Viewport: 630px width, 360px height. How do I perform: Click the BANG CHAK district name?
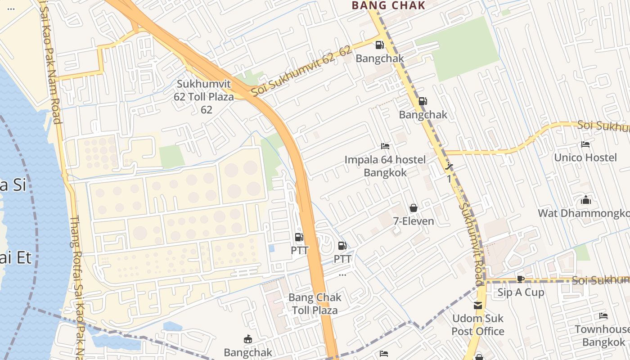[x=388, y=5]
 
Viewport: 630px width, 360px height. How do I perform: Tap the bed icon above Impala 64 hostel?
[x=385, y=146]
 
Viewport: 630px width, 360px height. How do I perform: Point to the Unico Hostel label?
[x=585, y=157]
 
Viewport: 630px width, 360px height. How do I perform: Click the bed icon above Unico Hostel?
[x=585, y=144]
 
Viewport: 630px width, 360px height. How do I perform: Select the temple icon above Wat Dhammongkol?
[x=586, y=199]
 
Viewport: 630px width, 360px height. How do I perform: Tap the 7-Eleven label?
[x=414, y=221]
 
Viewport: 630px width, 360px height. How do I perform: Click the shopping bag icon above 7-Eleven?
[x=414, y=208]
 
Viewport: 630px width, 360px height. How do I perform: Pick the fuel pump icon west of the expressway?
[x=299, y=237]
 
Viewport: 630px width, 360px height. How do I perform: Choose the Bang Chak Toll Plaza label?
[x=315, y=304]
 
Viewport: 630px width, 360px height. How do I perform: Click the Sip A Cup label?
[x=521, y=292]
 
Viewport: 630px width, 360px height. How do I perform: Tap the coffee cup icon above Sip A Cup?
[x=521, y=279]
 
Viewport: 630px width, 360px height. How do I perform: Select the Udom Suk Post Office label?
[x=478, y=325]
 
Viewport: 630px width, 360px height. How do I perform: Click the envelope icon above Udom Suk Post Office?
[x=478, y=306]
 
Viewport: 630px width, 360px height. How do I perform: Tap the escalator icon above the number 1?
[x=449, y=166]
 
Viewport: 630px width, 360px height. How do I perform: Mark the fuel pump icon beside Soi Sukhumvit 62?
[x=379, y=45]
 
